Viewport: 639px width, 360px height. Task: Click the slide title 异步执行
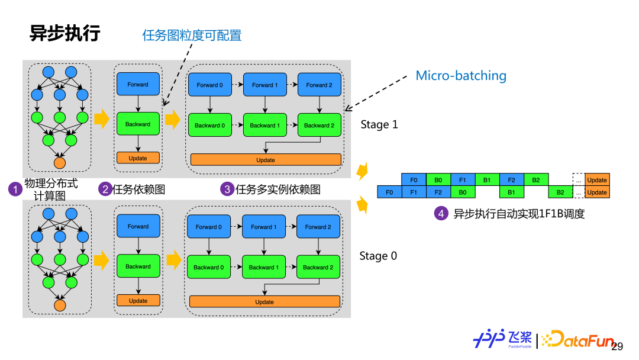pos(65,33)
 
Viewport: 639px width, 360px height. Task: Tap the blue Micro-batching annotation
pos(461,76)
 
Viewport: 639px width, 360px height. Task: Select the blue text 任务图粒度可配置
pos(192,36)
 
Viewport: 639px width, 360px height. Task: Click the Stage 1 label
pos(379,124)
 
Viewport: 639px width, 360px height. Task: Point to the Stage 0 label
pos(378,256)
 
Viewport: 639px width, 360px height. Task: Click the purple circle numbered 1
pos(14,189)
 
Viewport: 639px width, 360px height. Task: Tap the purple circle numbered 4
pos(441,214)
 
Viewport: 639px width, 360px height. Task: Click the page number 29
pos(617,346)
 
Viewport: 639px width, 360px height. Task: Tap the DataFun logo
pos(577,340)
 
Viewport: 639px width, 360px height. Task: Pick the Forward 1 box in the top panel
pos(264,85)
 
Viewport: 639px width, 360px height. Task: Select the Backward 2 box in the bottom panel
pos(318,267)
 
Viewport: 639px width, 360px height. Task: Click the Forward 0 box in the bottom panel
pos(208,227)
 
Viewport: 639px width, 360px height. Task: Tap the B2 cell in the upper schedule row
pos(536,180)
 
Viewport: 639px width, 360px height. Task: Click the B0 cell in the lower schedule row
pos(462,192)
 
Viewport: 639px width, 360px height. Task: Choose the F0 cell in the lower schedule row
pos(389,192)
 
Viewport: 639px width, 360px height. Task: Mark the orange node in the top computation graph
pos(60,162)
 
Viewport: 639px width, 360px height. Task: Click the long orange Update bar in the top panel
pos(266,160)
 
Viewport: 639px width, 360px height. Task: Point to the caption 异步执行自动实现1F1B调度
pos(519,214)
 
